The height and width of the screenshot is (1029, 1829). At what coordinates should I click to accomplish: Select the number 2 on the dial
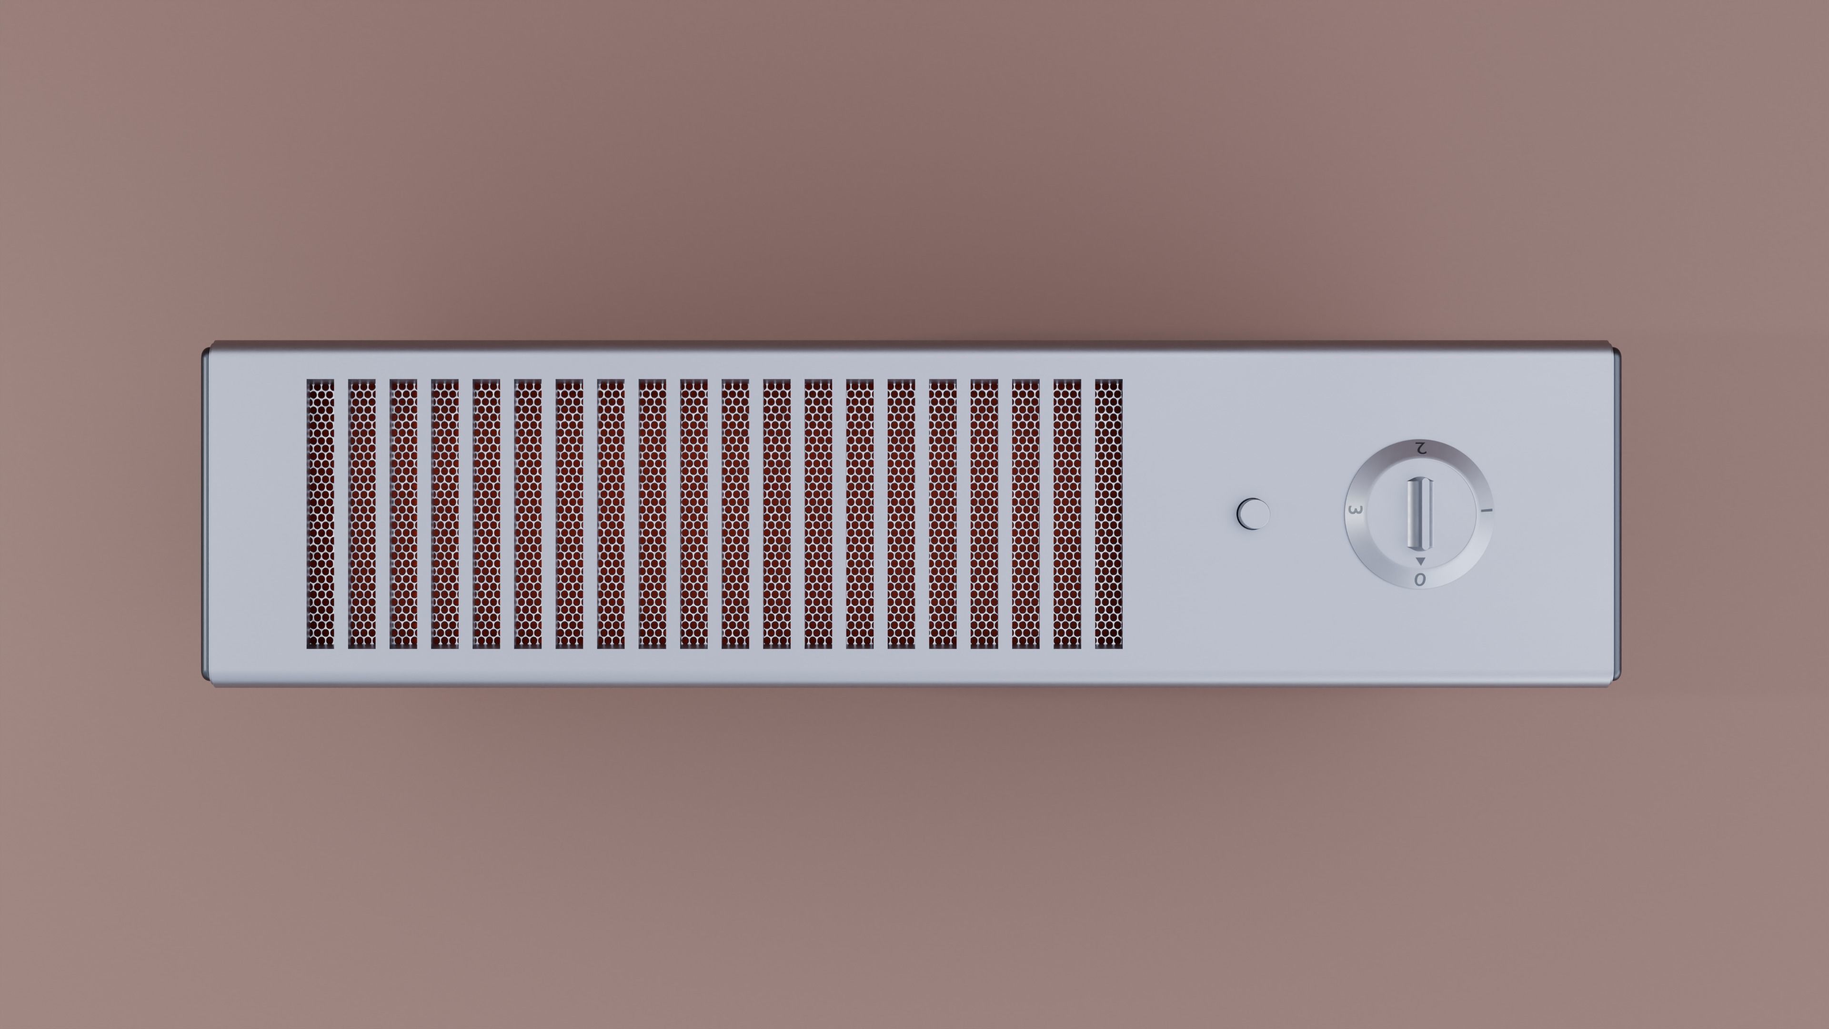click(x=1420, y=448)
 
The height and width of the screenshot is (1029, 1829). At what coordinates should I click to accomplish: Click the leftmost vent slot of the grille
click(x=320, y=514)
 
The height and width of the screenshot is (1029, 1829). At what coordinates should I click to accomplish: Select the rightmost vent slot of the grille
click(x=1108, y=514)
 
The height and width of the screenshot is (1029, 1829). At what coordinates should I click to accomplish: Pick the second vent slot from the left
click(x=362, y=514)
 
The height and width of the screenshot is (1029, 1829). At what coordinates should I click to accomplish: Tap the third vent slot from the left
click(x=403, y=514)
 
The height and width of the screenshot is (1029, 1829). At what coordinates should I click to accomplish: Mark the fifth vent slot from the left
click(x=486, y=514)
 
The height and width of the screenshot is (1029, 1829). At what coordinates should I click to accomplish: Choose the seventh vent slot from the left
click(x=570, y=514)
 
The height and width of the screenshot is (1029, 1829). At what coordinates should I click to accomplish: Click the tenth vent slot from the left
click(x=693, y=514)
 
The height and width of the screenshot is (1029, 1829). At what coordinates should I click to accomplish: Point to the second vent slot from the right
click(x=1067, y=514)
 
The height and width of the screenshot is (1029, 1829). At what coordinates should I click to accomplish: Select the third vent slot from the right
click(x=1025, y=514)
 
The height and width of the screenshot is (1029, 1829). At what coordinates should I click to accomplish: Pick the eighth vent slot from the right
click(x=818, y=514)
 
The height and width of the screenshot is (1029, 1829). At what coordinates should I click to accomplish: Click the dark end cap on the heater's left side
click(x=206, y=514)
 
